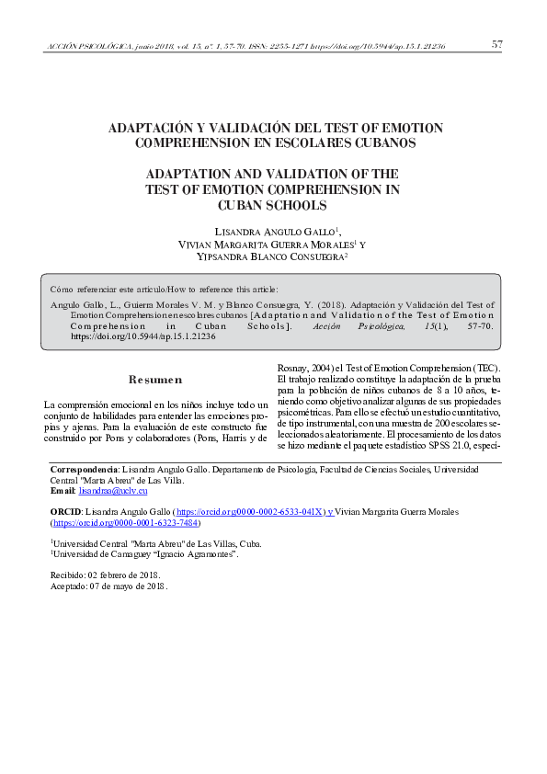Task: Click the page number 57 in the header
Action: [496, 44]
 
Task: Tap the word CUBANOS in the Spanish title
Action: [382, 142]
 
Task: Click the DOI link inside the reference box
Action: [142, 336]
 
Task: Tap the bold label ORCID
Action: [64, 511]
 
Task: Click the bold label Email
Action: [61, 491]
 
